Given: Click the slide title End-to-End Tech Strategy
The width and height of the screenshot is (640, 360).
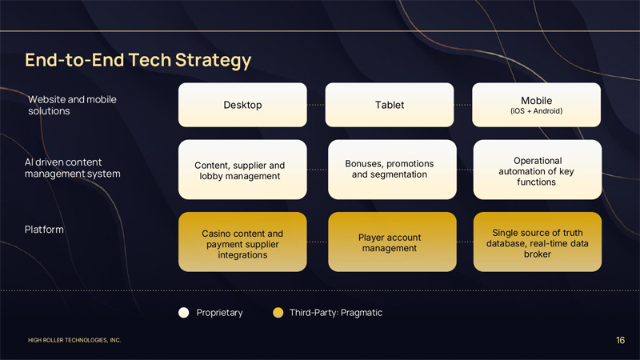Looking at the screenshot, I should click(138, 60).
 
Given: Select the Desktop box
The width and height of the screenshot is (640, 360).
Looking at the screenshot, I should click(242, 105).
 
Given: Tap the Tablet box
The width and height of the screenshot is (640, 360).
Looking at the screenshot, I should click(390, 105).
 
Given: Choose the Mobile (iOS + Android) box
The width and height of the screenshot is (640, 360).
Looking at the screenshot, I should click(537, 105).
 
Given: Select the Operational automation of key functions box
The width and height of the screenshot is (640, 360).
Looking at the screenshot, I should click(537, 170).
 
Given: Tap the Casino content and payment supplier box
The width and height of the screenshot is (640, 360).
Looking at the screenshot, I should click(242, 242).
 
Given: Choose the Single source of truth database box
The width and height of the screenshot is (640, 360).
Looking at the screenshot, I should click(537, 242).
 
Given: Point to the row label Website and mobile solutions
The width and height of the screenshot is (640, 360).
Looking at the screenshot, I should click(72, 105).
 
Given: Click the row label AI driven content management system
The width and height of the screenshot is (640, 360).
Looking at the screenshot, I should click(74, 168).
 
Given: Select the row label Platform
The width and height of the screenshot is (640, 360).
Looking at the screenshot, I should click(45, 230).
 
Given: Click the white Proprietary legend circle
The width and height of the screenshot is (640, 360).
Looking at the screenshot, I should click(184, 312).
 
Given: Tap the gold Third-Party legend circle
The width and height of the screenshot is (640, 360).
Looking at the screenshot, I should click(278, 312).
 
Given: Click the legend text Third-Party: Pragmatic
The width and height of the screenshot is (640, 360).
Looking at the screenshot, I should click(336, 312).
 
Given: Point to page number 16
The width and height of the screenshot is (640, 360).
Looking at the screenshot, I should click(621, 341).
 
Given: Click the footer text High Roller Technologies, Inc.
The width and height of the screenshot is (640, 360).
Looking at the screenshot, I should click(74, 341).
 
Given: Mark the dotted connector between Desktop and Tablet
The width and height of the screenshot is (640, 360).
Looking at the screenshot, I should click(316, 105).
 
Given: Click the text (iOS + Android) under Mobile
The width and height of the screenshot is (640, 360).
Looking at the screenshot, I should click(537, 110).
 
